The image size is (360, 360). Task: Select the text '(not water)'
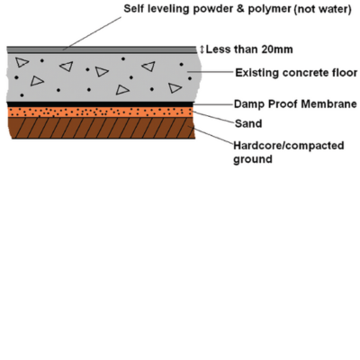pos(322,9)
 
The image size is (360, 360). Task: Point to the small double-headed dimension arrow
pos(202,49)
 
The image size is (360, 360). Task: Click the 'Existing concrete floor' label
pos(296,73)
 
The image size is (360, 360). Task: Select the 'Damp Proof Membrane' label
pos(295,104)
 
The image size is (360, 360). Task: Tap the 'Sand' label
pos(248,123)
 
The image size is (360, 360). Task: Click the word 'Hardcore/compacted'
pos(289,146)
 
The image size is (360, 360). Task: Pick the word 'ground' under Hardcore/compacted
pos(253,159)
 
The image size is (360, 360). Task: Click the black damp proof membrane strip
pos(100,104)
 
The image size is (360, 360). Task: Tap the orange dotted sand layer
pos(100,112)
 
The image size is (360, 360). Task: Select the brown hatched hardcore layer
pos(102,128)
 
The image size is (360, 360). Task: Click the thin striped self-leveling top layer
pos(102,50)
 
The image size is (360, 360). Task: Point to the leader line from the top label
pos(92,33)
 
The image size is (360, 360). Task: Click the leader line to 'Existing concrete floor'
pos(210,72)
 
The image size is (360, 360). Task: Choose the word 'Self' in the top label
pos(133,9)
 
